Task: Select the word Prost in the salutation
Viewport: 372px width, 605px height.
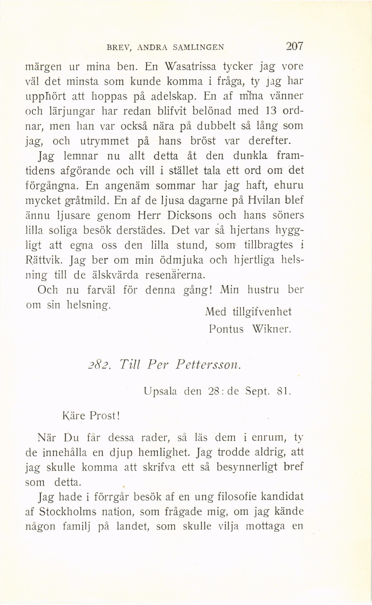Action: pyautogui.click(x=104, y=416)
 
